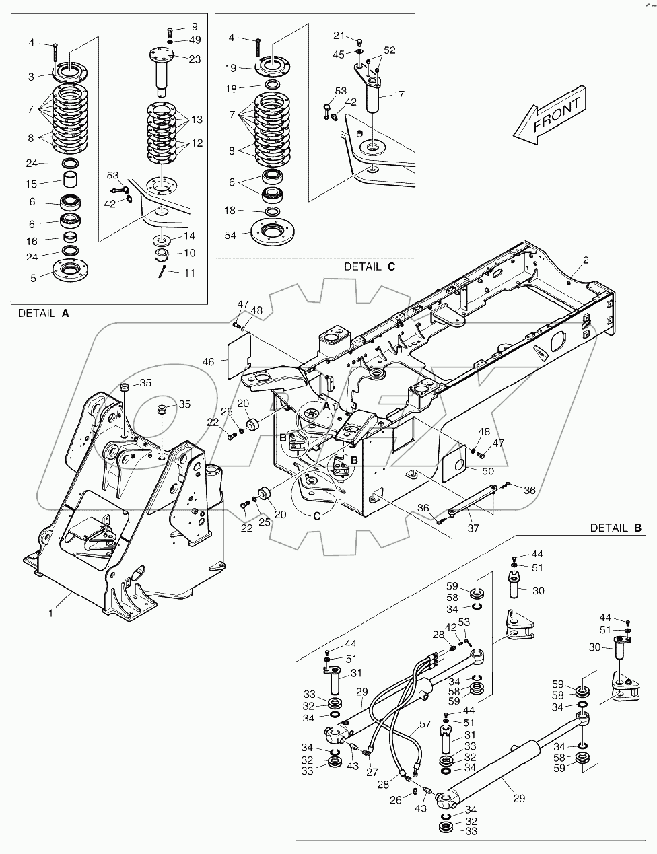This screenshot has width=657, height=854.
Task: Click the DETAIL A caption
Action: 43,313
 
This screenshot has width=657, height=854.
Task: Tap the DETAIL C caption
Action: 369,266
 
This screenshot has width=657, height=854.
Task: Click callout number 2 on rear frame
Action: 585,260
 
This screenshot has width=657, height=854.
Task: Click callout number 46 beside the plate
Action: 209,362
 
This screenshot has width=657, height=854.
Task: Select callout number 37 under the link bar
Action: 473,528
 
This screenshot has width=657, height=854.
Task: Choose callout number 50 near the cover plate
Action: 488,470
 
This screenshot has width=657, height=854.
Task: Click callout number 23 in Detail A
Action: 195,59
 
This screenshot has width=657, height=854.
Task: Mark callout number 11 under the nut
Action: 191,273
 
